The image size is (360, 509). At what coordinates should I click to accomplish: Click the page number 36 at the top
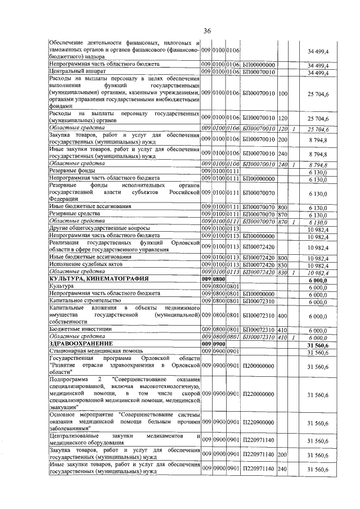(x=207, y=31)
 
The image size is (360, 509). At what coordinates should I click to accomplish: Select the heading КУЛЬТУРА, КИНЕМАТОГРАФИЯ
(x=99, y=278)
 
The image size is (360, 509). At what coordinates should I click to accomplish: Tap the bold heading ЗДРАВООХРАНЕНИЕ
(x=81, y=343)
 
